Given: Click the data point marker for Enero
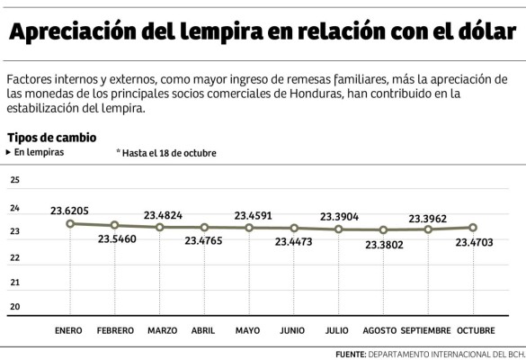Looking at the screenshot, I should coord(70,223).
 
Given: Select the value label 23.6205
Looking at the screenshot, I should coord(69,211).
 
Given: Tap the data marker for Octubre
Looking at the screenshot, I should coord(473,228).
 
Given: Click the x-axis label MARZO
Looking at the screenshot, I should coord(162,330).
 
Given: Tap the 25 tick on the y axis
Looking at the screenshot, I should coord(14,181).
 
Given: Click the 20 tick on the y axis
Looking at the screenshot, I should coord(14,307).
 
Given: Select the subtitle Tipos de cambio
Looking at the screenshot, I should coord(51,138).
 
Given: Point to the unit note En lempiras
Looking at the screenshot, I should coord(39,153).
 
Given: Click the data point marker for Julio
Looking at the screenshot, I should coord(339,229).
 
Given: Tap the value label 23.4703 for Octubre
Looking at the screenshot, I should coord(475,242).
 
